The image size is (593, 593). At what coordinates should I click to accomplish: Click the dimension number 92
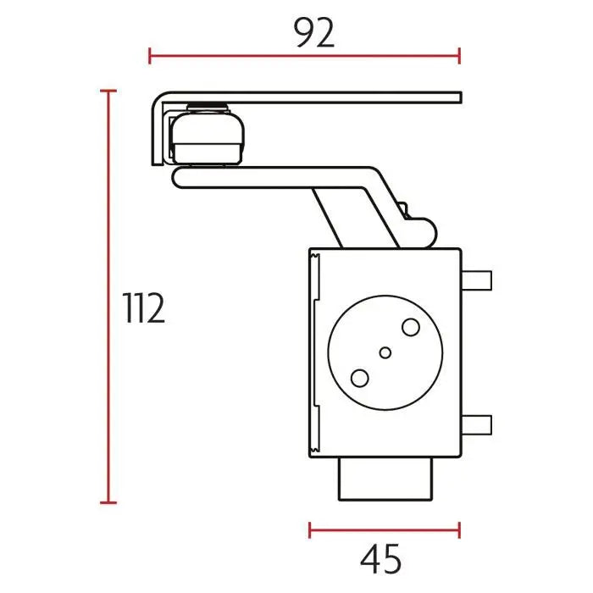pyautogui.click(x=314, y=33)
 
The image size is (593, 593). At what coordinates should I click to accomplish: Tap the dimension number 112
pyautogui.click(x=144, y=308)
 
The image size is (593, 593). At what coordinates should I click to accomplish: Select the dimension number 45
pyautogui.click(x=381, y=558)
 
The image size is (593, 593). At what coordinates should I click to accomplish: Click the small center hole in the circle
pyautogui.click(x=385, y=353)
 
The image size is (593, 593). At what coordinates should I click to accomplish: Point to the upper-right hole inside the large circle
pyautogui.click(x=411, y=327)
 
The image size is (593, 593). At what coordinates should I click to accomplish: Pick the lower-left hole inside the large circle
pyautogui.click(x=360, y=378)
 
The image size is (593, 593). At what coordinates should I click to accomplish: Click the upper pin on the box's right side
pyautogui.click(x=476, y=280)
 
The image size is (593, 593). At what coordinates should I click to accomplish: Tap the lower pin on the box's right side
pyautogui.click(x=476, y=424)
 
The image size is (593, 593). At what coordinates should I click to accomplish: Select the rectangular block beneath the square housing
pyautogui.click(x=385, y=479)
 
